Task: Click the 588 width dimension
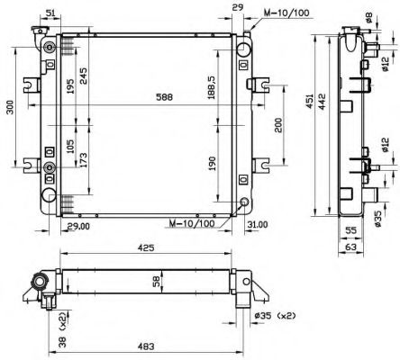(x=164, y=97)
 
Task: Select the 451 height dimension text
(x=310, y=102)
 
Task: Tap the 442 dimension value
(x=322, y=102)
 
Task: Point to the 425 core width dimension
(x=146, y=247)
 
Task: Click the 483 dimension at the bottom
(x=146, y=346)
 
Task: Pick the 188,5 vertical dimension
(x=211, y=87)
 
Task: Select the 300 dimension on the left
(x=10, y=107)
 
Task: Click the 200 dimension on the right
(x=278, y=125)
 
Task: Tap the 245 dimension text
(x=83, y=76)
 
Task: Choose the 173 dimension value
(x=83, y=160)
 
